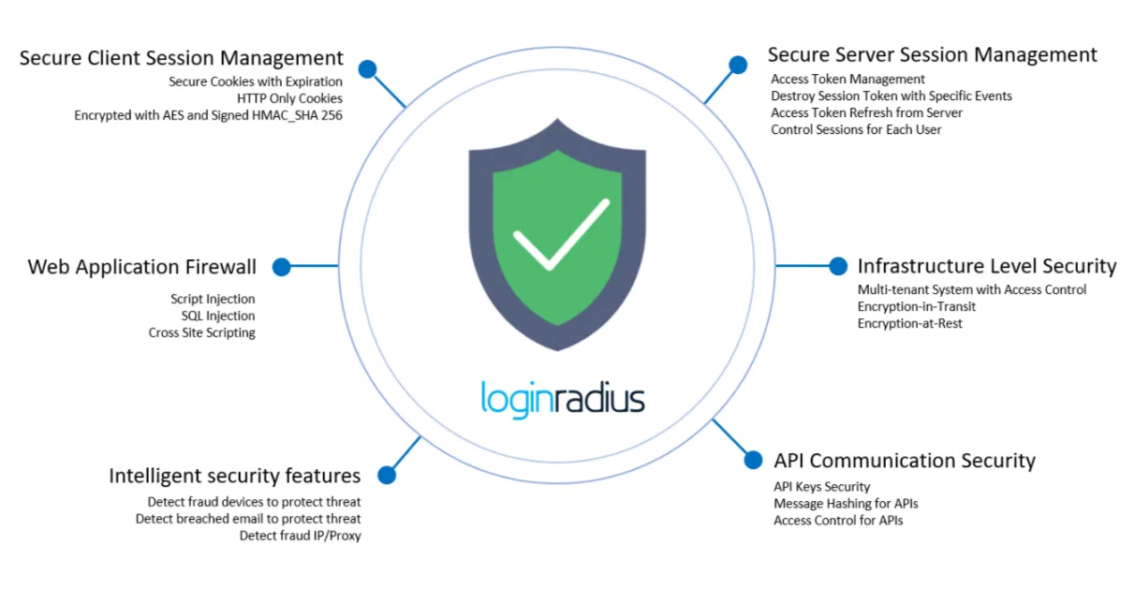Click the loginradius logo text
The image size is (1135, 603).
coord(563,398)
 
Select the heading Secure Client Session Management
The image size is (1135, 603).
coord(182,58)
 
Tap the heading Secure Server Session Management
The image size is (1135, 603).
coord(932,54)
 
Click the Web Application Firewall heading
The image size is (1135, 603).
coord(141,267)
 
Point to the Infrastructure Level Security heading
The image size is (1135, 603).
coord(987,266)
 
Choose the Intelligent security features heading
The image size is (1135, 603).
coord(235,475)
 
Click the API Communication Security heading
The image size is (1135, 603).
coord(904,461)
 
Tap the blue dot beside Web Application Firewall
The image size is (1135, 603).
coord(281,267)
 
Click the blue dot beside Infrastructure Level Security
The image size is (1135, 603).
coord(838,266)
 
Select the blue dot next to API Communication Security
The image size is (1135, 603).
coord(753,460)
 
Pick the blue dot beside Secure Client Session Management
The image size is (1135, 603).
coord(367,68)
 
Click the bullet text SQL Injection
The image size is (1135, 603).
coord(217,316)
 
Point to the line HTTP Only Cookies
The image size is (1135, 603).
coord(289,98)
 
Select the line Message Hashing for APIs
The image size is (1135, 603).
coord(846,504)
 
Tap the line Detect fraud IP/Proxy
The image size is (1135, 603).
coord(300,536)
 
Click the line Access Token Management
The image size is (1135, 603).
coord(848,80)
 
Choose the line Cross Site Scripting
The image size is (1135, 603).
coord(201,332)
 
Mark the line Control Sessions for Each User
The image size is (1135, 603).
coord(856,129)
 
